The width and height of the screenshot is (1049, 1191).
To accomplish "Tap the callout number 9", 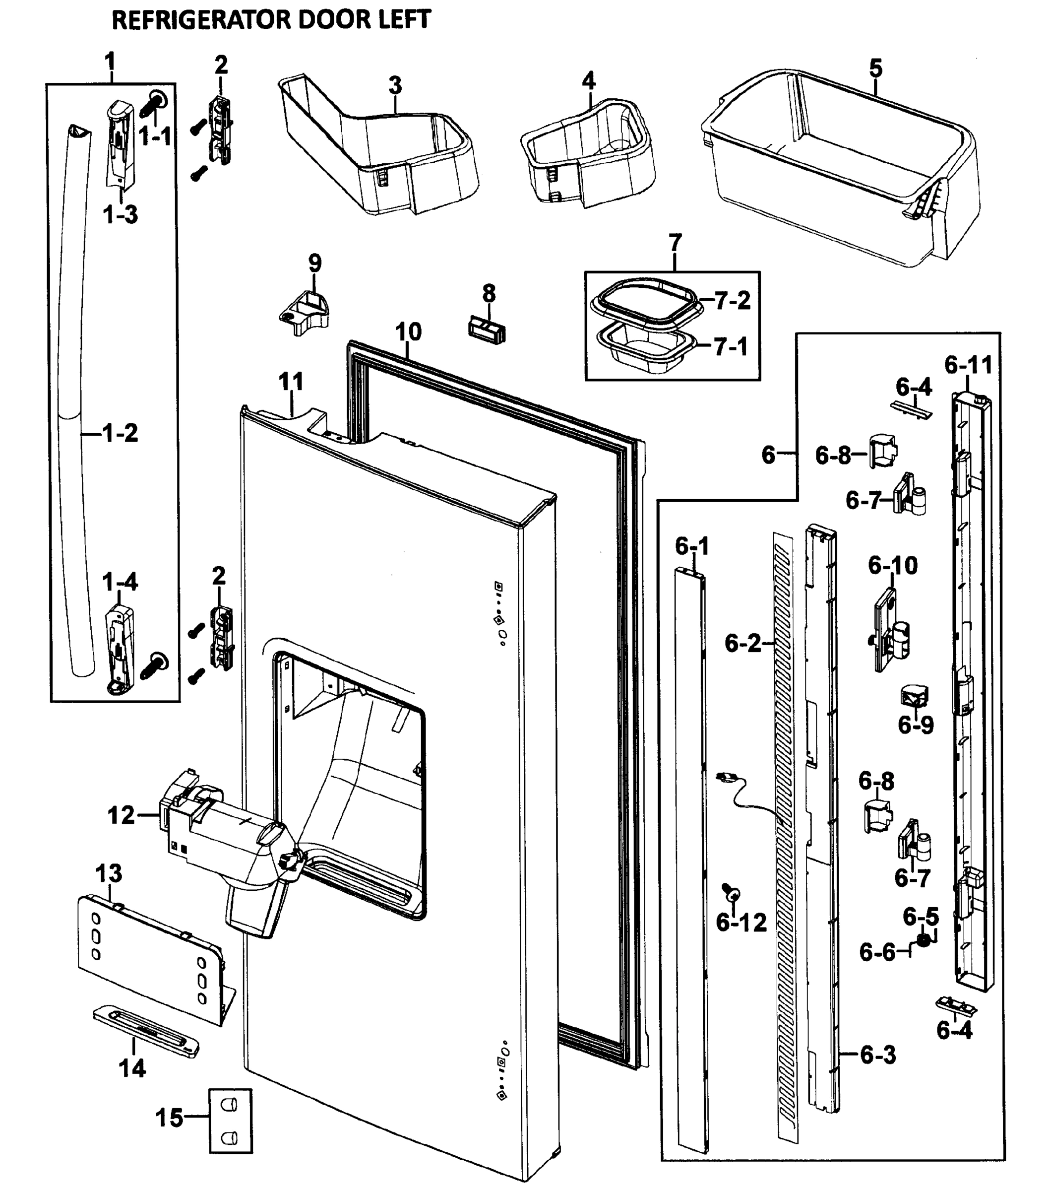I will [x=314, y=264].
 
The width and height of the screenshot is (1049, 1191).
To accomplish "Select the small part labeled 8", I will [x=487, y=330].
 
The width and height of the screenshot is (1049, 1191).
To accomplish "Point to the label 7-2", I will [x=732, y=301].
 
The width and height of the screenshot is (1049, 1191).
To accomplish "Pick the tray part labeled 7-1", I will [x=644, y=347].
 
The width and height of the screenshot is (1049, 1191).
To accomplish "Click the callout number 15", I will [x=170, y=1118].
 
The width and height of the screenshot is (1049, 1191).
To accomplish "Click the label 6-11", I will [x=968, y=365].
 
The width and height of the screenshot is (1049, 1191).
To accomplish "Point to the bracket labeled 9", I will [x=305, y=312].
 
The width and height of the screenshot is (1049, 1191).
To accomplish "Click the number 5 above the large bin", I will [x=875, y=68].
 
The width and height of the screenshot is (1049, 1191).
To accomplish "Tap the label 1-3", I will [x=121, y=215].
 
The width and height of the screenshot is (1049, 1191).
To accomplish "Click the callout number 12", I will [x=121, y=815].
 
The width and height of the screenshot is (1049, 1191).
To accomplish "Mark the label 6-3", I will [x=878, y=1055].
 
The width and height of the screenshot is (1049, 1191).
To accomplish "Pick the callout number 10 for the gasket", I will [x=408, y=332].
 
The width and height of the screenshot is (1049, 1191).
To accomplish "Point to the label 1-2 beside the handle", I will [x=120, y=433].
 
